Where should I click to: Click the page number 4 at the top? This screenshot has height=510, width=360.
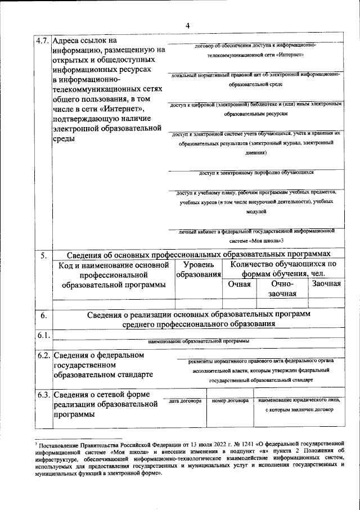pos(187,25)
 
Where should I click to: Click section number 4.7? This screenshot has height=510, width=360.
pos(42,41)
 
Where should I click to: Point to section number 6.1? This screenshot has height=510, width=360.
pos(43,336)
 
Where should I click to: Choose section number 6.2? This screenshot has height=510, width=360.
pos(43,355)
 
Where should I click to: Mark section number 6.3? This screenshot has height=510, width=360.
pos(43,395)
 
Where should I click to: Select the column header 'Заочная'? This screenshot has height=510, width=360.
pos(326,284)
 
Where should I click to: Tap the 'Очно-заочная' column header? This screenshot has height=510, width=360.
pos(282,289)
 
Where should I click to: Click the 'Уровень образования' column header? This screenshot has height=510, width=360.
pos(199,269)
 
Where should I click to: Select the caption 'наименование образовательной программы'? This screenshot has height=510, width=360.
pos(198,341)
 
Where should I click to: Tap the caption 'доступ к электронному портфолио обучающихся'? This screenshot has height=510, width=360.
pos(252,173)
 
